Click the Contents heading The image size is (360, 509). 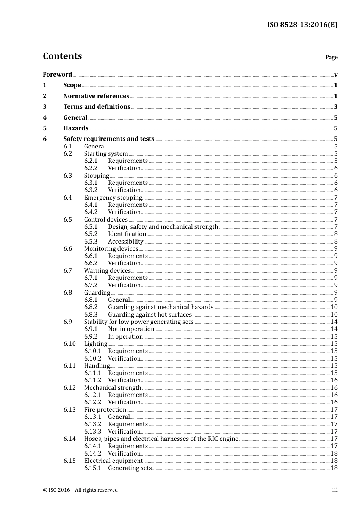(x=62, y=56)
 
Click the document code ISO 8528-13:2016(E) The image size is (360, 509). (x=302, y=25)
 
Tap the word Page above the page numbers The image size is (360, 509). (x=331, y=57)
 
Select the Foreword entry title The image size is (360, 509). (x=57, y=75)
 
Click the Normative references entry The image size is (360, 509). (x=96, y=96)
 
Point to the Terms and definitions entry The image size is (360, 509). (x=97, y=107)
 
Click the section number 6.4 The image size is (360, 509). (x=67, y=198)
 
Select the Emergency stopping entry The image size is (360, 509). (x=113, y=198)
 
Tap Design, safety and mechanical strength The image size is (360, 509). (x=163, y=227)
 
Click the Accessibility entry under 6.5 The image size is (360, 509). (x=125, y=242)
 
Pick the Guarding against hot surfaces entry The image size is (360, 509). (x=150, y=315)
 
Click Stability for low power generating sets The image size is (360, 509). (x=139, y=322)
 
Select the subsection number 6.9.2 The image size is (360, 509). (x=91, y=337)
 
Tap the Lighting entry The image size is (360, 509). (x=95, y=344)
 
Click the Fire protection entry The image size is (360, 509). (x=105, y=410)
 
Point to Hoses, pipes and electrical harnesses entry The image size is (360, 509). (x=161, y=439)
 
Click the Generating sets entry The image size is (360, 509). (x=130, y=468)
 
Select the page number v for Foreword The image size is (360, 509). (x=336, y=75)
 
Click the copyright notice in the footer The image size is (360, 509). (x=80, y=490)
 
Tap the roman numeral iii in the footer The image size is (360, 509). (x=335, y=490)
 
